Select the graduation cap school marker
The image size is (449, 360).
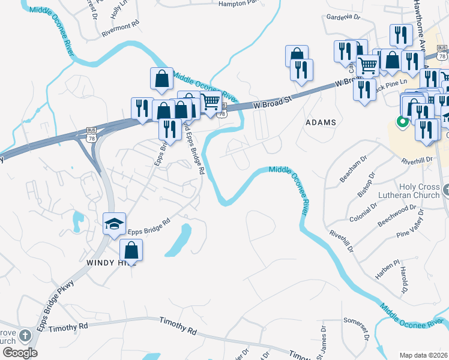coord(114,224)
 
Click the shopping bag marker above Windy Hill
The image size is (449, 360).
coord(131,250)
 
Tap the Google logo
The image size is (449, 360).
coord(20,352)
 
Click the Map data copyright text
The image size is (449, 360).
coord(424,355)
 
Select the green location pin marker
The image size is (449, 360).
coord(401,122)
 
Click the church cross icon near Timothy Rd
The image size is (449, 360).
coord(25,335)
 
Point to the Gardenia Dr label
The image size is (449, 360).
coord(342,17)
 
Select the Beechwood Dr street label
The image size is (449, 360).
coord(397,215)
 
